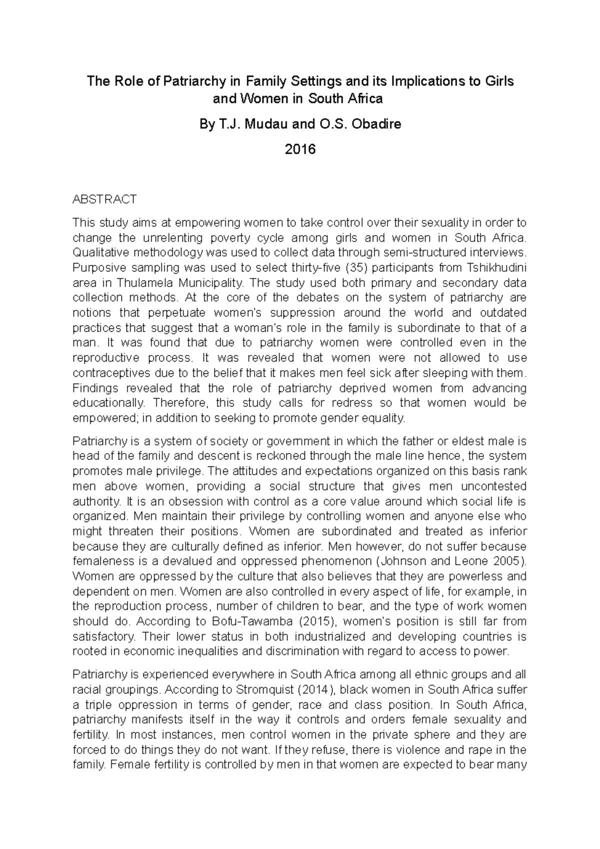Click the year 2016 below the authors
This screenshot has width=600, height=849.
(300, 149)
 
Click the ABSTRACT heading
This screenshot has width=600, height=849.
(104, 199)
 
